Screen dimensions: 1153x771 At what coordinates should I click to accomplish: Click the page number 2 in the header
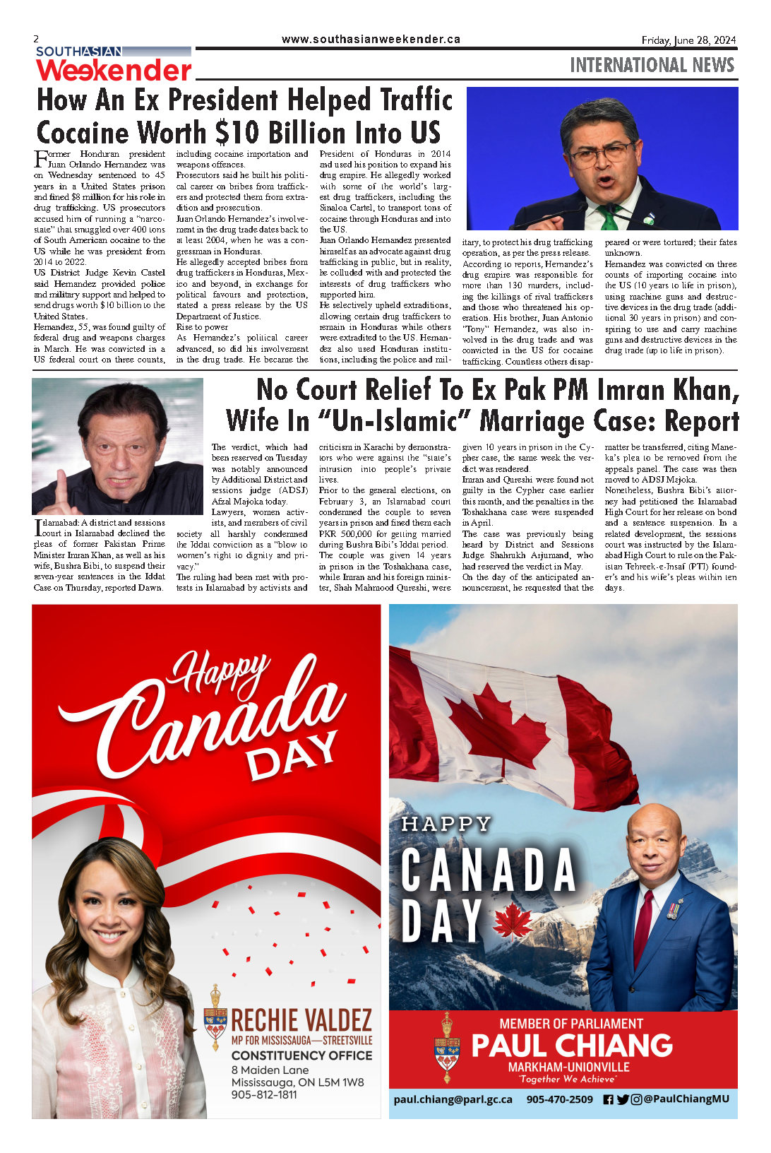pyautogui.click(x=36, y=40)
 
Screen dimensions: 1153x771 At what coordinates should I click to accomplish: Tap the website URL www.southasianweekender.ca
pyautogui.click(x=371, y=40)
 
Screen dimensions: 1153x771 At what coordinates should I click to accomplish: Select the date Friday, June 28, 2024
pyautogui.click(x=688, y=40)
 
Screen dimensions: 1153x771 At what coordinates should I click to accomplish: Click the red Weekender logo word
pyautogui.click(x=114, y=70)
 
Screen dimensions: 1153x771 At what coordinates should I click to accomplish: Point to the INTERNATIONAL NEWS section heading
pyautogui.click(x=652, y=65)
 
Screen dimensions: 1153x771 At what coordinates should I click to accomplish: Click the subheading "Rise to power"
pyautogui.click(x=202, y=327)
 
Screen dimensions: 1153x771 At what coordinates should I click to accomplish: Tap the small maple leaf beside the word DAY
pyautogui.click(x=512, y=921)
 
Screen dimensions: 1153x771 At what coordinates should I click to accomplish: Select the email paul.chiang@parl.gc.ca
pyautogui.click(x=453, y=1099)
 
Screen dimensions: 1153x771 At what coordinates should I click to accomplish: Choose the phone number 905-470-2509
pyautogui.click(x=559, y=1099)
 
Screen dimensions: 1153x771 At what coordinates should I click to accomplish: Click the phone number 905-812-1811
pyautogui.click(x=263, y=1094)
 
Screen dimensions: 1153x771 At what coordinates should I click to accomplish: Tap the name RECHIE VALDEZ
pyautogui.click(x=301, y=1020)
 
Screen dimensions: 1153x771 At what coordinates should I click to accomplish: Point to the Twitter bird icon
pyautogui.click(x=622, y=1099)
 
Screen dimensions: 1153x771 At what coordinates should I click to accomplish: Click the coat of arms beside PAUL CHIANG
pyautogui.click(x=446, y=1047)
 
